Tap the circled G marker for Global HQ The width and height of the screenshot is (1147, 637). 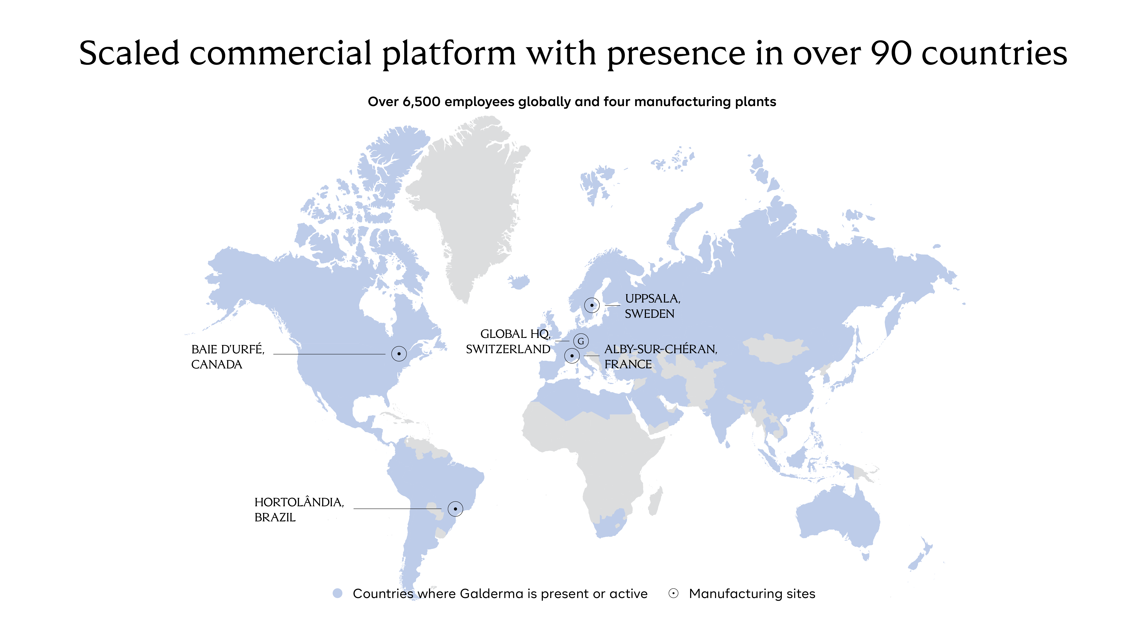[x=581, y=341]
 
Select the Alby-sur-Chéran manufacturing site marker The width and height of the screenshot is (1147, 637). [x=572, y=356]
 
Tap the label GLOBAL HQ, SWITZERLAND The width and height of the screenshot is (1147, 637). [x=508, y=341]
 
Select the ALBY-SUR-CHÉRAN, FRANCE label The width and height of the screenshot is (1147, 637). [x=661, y=357]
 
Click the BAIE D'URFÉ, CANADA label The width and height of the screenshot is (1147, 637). [x=227, y=357]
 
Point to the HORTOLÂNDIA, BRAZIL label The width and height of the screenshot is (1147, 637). [x=299, y=510]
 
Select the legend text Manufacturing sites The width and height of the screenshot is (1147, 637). [x=752, y=593]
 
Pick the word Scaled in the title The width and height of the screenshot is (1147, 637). [x=129, y=53]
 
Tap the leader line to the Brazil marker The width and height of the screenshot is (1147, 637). [x=397, y=508]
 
